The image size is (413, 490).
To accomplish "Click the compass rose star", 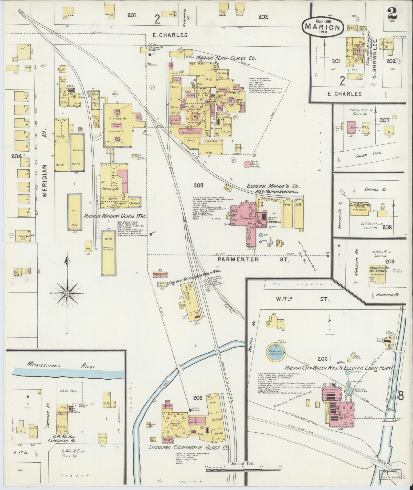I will click(67, 293).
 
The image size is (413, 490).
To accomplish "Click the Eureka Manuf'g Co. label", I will click(273, 186).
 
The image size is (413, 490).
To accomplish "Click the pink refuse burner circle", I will click(247, 164).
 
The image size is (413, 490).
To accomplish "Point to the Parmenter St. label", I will click(253, 259).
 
